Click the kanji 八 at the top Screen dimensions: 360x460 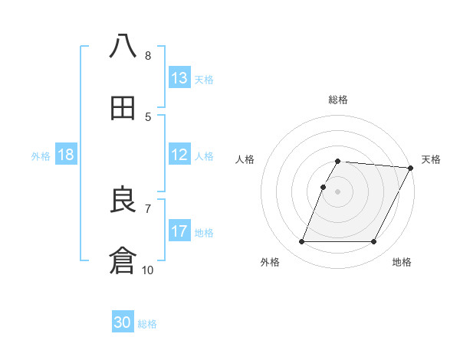[x=123, y=47]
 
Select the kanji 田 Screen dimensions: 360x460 [x=123, y=109]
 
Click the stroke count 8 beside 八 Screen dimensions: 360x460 [x=148, y=56]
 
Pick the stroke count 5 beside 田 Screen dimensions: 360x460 [x=148, y=117]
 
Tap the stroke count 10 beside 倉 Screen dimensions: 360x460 [x=148, y=270]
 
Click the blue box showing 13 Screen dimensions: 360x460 [x=179, y=78]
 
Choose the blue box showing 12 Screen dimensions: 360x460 [x=179, y=155]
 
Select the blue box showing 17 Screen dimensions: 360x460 [x=179, y=231]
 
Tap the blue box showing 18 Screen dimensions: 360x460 [x=66, y=155]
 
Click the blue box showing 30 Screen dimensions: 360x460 [x=123, y=323]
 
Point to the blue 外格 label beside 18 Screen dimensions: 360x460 [x=41, y=156]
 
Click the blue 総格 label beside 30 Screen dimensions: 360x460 [x=148, y=325]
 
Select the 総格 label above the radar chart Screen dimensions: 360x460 [x=338, y=100]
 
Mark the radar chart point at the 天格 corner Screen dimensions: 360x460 [x=411, y=168]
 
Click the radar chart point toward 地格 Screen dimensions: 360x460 [x=374, y=242]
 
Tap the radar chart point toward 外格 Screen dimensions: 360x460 [x=301, y=242]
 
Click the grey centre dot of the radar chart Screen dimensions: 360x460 [x=338, y=191]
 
